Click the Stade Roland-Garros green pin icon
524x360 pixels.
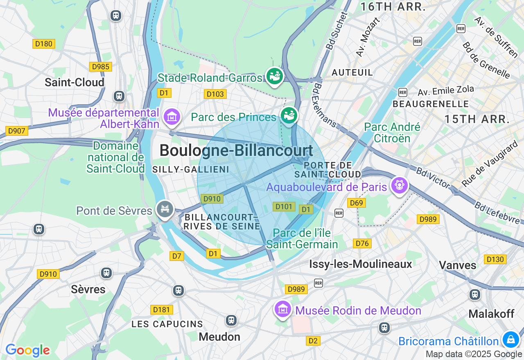pyautogui.click(x=274, y=76)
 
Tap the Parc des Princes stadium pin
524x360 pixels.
pyautogui.click(x=289, y=115)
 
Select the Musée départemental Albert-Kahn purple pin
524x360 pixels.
pyautogui.click(x=172, y=117)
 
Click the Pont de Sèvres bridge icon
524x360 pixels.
pyautogui.click(x=165, y=209)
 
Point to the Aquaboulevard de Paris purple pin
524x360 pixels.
pyautogui.click(x=399, y=185)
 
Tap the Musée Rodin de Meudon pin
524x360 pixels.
pyautogui.click(x=283, y=309)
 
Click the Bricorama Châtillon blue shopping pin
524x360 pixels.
pyautogui.click(x=510, y=339)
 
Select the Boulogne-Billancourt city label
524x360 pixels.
pyautogui.click(x=236, y=150)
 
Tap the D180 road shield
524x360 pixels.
pyautogui.click(x=43, y=44)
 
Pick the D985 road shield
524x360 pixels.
pyautogui.click(x=100, y=67)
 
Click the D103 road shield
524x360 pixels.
pyautogui.click(x=215, y=94)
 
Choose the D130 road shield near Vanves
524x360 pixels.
pyautogui.click(x=495, y=259)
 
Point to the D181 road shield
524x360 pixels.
pyautogui.click(x=161, y=310)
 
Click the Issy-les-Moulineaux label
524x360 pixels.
pyautogui.click(x=361, y=264)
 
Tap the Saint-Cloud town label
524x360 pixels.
pyautogui.click(x=75, y=82)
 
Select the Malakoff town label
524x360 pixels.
pyautogui.click(x=491, y=314)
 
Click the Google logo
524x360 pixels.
pyautogui.click(x=27, y=350)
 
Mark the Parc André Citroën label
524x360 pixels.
pyautogui.click(x=392, y=133)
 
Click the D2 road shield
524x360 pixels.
pyautogui.click(x=313, y=341)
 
